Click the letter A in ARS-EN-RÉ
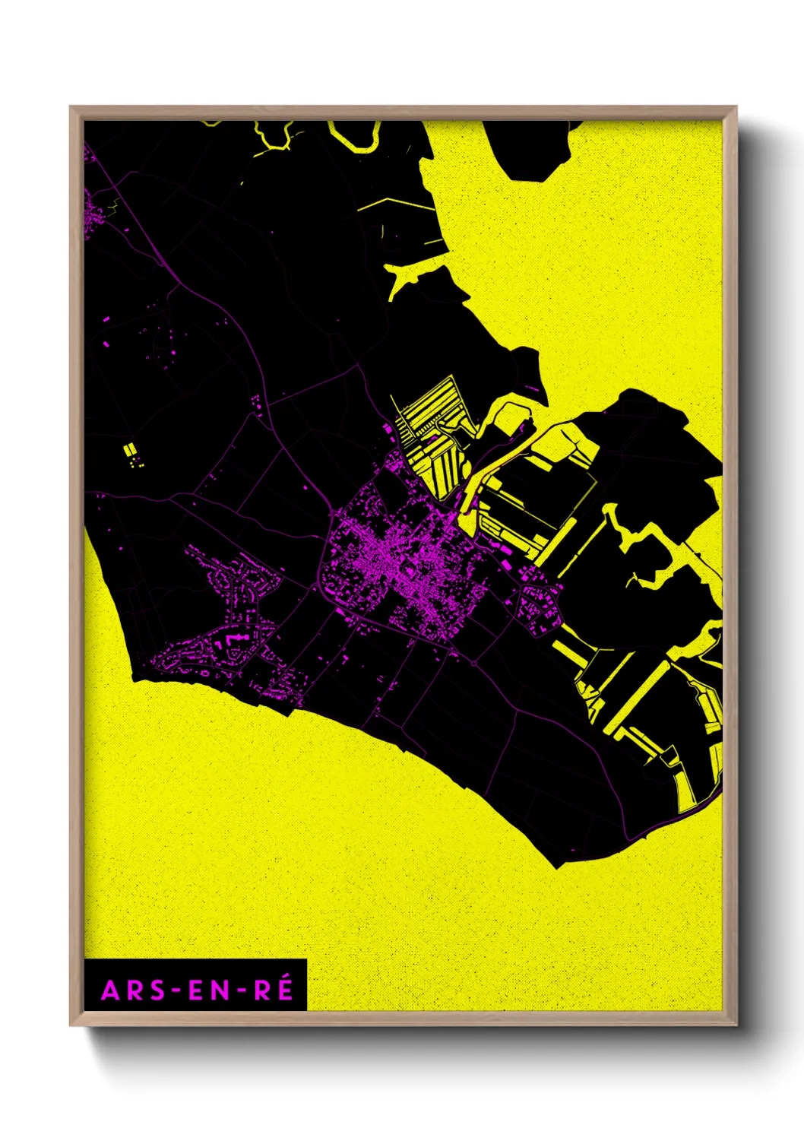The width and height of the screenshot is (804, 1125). coord(110,990)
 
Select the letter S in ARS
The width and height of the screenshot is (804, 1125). coord(155,990)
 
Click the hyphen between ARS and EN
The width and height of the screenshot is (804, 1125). coord(176,991)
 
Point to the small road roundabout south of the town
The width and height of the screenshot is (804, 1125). coord(474,663)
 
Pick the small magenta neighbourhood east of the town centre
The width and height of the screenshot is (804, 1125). coord(540,608)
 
